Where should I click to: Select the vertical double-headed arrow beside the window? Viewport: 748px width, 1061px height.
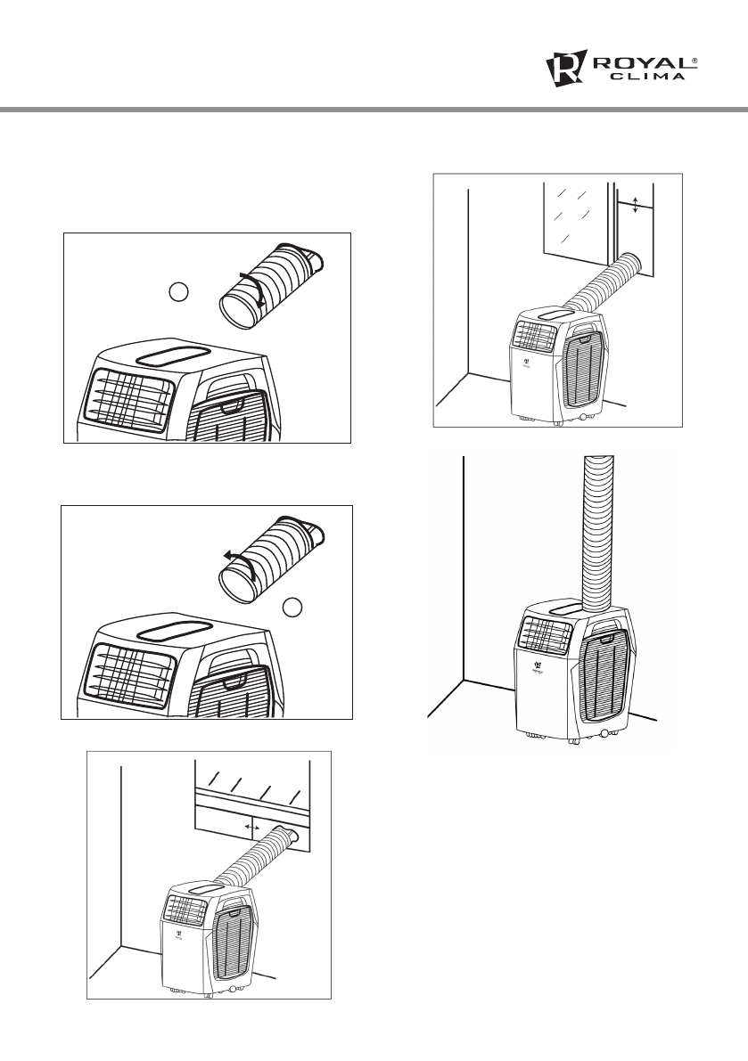point(634,205)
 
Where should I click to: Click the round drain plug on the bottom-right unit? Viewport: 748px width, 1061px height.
point(605,733)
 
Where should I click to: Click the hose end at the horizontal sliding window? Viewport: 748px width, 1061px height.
point(290,836)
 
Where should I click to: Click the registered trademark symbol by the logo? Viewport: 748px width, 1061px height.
point(695,59)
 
